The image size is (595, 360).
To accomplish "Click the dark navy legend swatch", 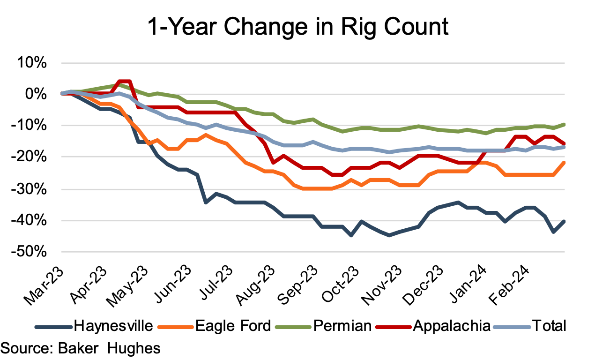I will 53,327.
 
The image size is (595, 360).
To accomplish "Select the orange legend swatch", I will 176,327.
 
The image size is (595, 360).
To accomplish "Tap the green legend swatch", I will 293,327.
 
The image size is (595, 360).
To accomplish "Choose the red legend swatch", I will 394,327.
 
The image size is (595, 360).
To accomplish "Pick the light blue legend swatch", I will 512,327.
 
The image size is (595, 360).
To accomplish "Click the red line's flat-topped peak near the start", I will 124,81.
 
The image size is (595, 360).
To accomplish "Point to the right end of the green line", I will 565,124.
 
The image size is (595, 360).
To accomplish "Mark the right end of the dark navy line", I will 565,221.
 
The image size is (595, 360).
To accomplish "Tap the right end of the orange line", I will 565,162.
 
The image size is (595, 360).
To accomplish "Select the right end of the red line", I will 565,143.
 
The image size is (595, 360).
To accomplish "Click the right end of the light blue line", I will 565,147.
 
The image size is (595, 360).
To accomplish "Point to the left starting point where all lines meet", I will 62,93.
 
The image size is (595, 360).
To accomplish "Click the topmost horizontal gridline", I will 313,63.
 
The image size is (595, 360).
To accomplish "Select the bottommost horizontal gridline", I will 313,252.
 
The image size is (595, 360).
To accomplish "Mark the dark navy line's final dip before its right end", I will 553,232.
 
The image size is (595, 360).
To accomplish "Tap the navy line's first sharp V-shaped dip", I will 206,202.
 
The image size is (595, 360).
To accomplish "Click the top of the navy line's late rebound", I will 458,202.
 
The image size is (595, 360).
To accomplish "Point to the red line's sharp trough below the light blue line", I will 273,163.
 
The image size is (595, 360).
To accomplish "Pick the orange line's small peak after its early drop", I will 206,135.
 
